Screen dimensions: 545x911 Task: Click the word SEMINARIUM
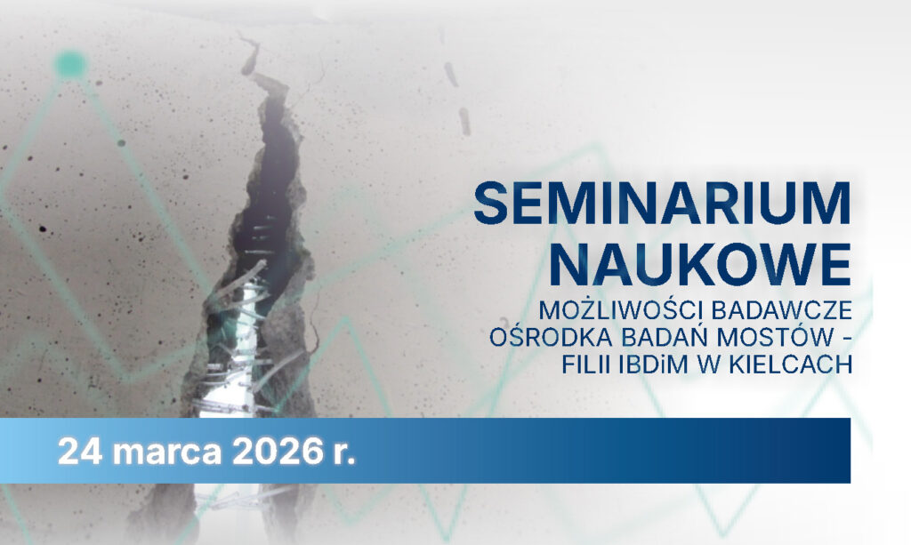[662, 205]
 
